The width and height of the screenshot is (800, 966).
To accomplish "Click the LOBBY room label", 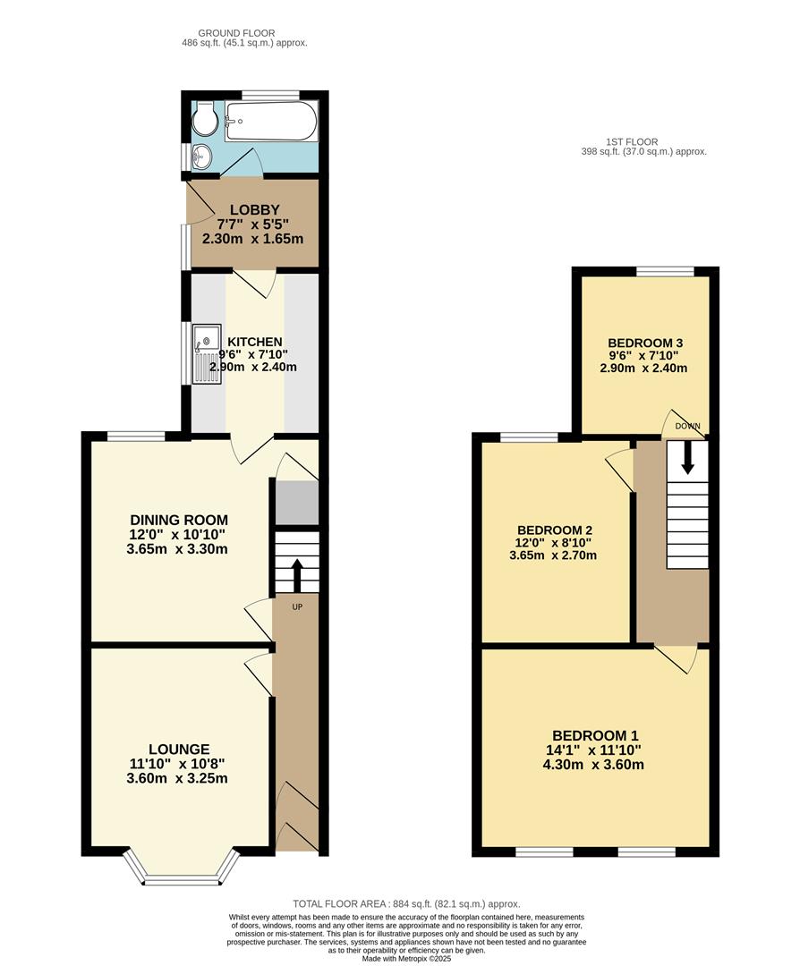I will coord(254,211).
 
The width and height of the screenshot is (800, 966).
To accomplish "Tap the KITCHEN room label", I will coord(254,343).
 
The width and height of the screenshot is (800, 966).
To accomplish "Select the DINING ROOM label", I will coord(179,520).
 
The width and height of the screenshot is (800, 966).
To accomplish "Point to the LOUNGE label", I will coord(179,750).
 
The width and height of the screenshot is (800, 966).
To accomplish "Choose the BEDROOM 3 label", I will coord(645,343).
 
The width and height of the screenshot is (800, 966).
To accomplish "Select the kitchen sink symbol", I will coord(205,353).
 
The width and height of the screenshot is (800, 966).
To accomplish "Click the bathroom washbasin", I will coord(201,156).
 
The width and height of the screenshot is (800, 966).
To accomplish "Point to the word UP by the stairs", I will coord(297,607).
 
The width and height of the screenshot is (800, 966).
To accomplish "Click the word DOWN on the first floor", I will coord(688,426).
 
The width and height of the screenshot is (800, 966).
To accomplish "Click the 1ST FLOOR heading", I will coord(632,141).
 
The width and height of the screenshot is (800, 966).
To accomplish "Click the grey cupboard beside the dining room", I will coord(296,503).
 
